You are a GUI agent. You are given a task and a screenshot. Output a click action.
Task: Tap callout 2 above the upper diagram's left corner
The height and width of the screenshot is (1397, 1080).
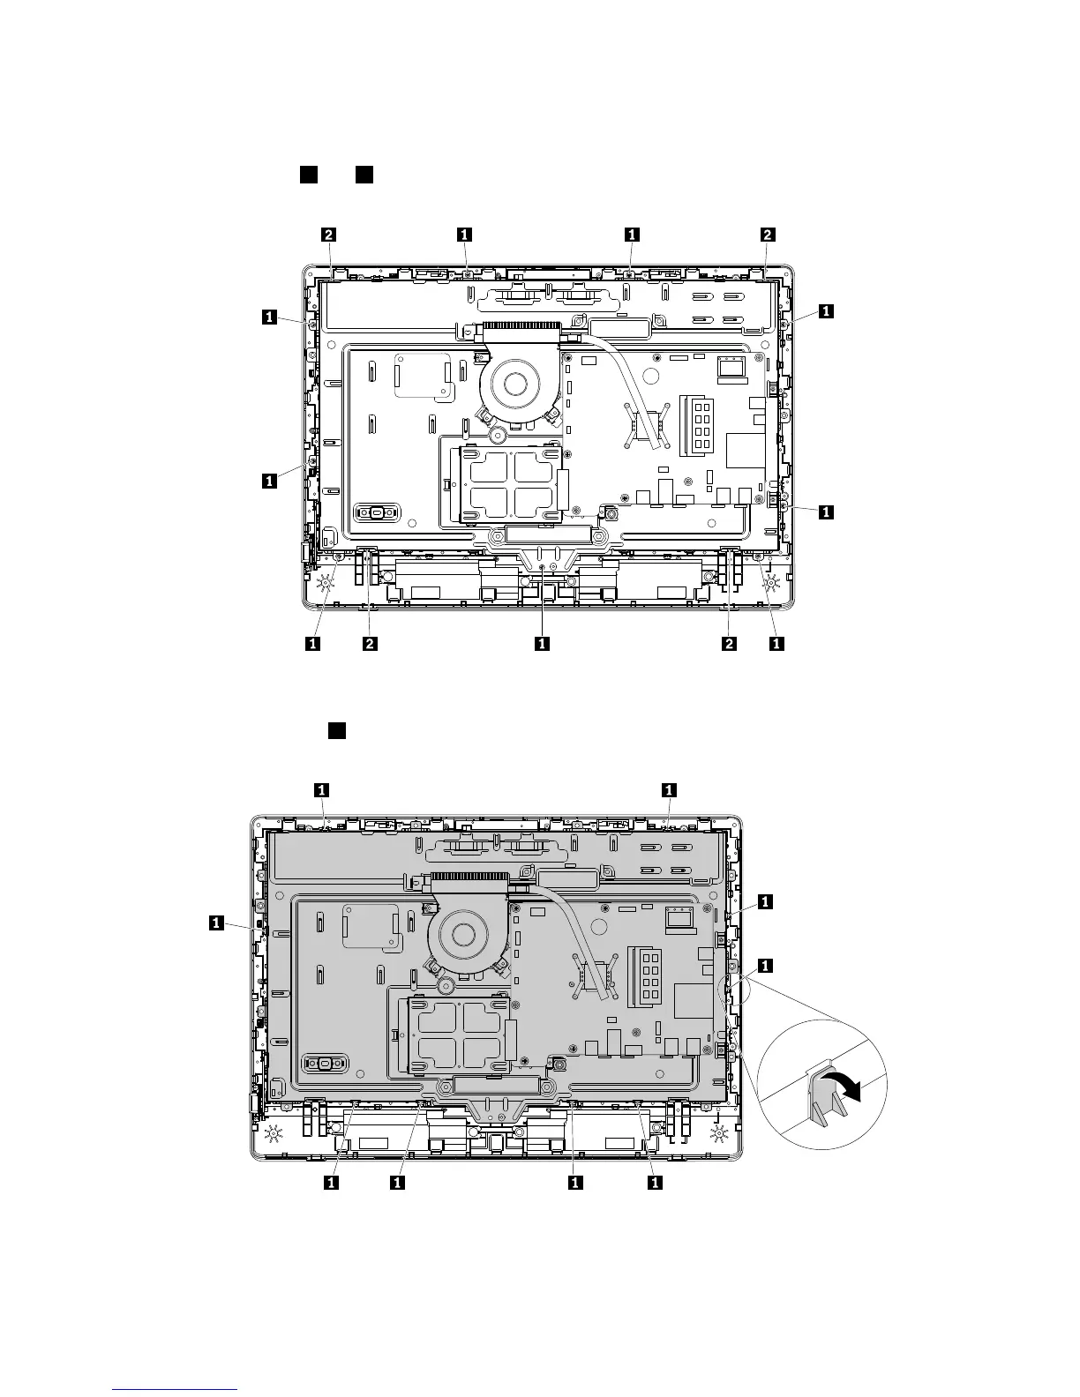click(x=329, y=235)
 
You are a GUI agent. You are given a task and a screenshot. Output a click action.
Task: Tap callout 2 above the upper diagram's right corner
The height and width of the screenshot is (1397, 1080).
click(x=768, y=235)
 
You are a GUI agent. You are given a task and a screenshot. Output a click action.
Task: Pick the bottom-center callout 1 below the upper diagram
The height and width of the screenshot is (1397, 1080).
click(x=543, y=643)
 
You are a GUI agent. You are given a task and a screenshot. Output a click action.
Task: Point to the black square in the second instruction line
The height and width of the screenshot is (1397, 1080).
click(x=337, y=731)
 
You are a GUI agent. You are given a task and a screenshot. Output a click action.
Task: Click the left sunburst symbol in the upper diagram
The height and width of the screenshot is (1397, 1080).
click(x=326, y=583)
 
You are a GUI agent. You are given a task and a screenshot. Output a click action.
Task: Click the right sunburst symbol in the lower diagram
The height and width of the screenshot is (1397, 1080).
click(x=718, y=1135)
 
